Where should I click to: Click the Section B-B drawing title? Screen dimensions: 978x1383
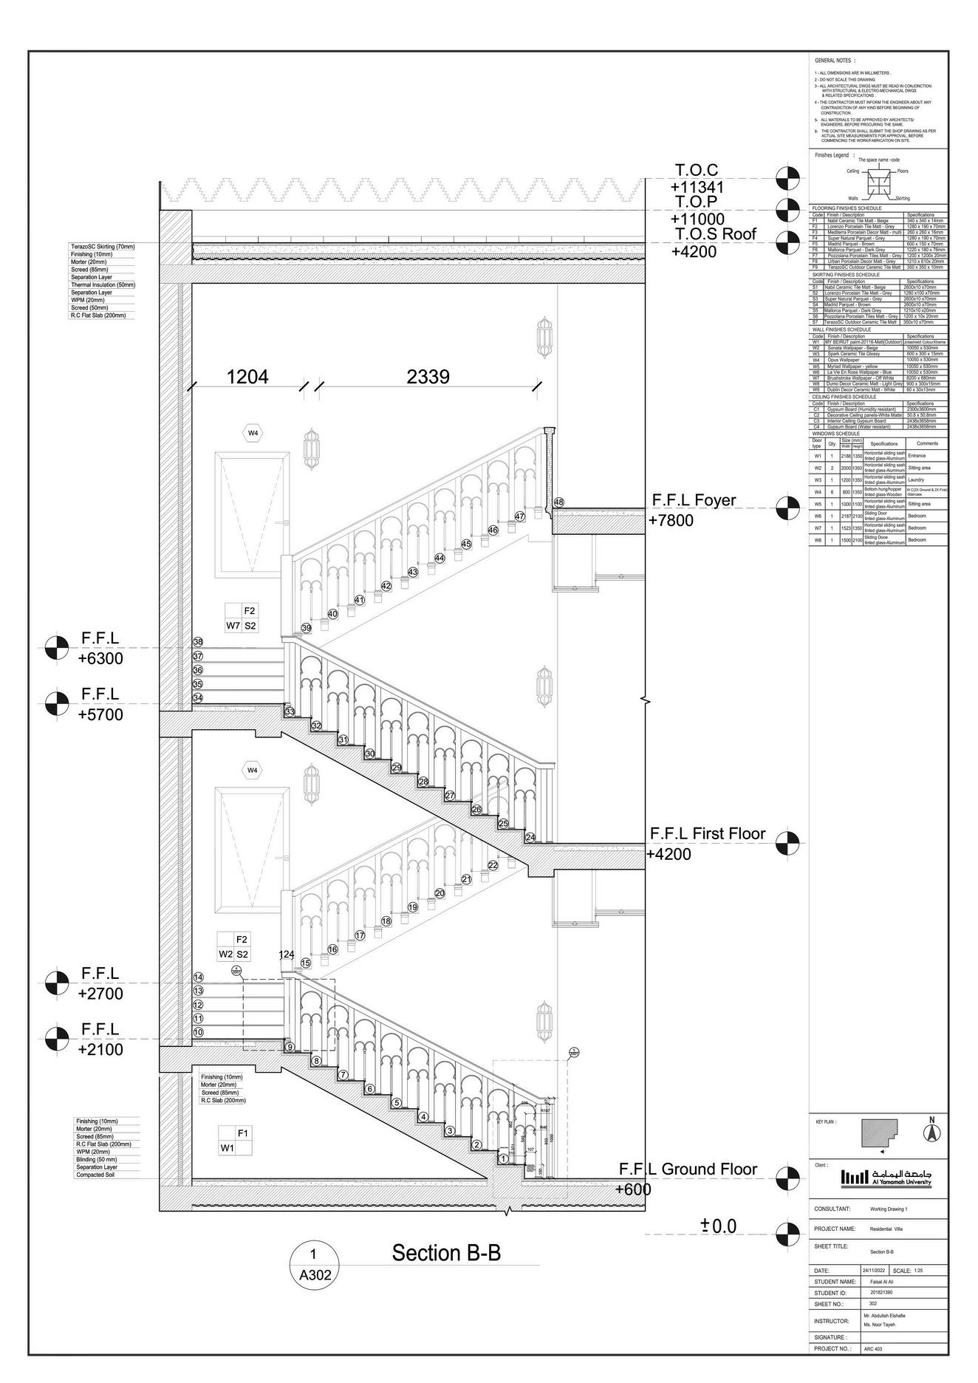pos(446,1253)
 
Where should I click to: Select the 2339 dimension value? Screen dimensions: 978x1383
pos(428,377)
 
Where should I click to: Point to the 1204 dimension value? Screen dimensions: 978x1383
pos(247,377)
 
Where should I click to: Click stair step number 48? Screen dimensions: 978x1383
pos(558,502)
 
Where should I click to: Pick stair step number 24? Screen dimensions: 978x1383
pos(530,837)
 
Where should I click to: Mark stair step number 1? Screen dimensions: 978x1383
pos(503,1158)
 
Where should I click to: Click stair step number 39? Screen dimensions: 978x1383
pos(307,628)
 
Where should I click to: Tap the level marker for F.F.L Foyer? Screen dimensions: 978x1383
pos(787,508)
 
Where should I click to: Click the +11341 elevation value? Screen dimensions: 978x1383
pos(697,188)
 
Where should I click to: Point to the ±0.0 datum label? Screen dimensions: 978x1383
pos(719,1226)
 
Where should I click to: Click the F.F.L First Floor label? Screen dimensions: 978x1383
pos(708,833)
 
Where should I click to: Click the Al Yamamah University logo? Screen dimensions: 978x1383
pos(886,1177)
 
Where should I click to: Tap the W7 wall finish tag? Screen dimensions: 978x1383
pos(233,626)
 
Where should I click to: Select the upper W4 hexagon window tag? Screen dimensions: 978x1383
pos(253,433)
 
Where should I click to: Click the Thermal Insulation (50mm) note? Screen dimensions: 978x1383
pos(103,284)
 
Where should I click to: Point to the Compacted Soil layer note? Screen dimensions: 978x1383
pos(96,1175)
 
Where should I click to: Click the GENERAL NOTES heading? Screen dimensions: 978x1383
pos(835,60)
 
